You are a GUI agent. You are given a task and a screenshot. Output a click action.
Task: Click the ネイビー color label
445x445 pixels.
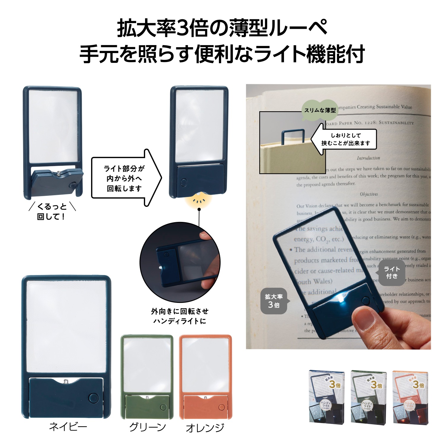pyautogui.click(x=68, y=427)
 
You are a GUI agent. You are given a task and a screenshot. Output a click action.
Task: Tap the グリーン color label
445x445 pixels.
pyautogui.click(x=147, y=427)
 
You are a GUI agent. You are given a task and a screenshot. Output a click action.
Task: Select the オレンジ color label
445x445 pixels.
pyautogui.click(x=205, y=427)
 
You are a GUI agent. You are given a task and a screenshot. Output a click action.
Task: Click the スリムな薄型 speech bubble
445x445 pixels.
pyautogui.click(x=320, y=110)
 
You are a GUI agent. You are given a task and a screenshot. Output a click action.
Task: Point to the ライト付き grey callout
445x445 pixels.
pyautogui.click(x=392, y=272)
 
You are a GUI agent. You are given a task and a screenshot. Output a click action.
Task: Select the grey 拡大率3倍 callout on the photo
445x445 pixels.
pyautogui.click(x=274, y=301)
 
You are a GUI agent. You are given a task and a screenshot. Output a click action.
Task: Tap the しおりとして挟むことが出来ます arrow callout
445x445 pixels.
pyautogui.click(x=344, y=139)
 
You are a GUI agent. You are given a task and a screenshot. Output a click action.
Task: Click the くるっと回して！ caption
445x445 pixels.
pyautogui.click(x=52, y=211)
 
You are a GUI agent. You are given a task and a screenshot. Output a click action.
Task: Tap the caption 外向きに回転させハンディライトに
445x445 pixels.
pyautogui.click(x=180, y=316)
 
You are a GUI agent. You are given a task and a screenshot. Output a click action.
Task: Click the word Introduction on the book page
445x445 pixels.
pyautogui.click(x=368, y=158)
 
